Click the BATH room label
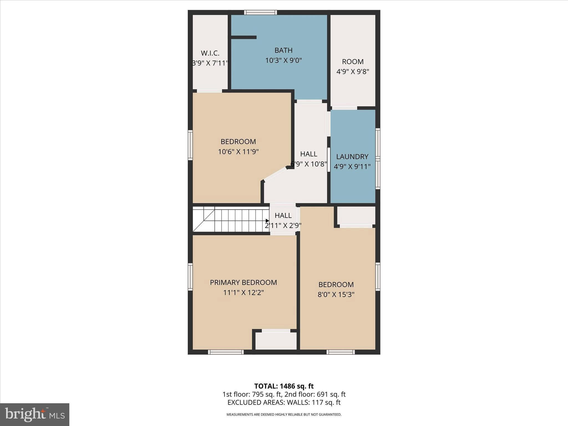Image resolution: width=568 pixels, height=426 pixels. coord(283,50)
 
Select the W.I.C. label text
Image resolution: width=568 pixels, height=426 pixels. coord(210,53)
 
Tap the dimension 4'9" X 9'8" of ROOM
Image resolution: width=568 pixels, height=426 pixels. coord(353,72)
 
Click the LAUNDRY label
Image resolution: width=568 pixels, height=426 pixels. coord(352,156)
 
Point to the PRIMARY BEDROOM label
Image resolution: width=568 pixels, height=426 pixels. coord(243,282)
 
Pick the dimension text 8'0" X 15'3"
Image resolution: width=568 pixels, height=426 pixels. coord(336,294)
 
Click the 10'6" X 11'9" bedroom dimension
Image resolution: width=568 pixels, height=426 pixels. coord(238,152)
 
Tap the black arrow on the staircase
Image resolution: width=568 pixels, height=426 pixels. coord(267,221)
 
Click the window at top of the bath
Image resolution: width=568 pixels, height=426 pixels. coord(260,12)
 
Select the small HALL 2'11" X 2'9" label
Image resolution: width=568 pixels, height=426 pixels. coord(283,215)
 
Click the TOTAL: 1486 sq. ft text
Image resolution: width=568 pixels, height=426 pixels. coord(284,386)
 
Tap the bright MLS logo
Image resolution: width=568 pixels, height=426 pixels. coord(35,414)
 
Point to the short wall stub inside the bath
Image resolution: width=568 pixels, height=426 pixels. coord(244,37)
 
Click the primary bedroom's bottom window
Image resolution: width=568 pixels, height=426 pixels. coord(226,352)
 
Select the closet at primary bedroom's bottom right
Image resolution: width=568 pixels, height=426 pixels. coord(276,341)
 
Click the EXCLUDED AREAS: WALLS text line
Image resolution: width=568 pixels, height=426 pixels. coord(284,402)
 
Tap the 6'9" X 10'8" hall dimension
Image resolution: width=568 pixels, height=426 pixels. coord(309,164)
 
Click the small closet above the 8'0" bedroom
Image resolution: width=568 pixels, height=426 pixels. coord(356,215)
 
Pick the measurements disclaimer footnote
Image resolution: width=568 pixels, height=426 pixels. coord(284,414)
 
